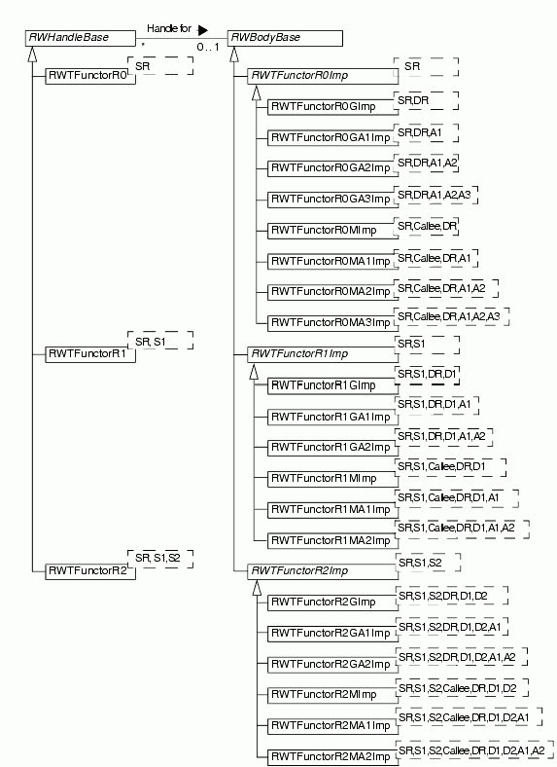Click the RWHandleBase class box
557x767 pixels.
81,38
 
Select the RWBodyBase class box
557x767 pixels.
286,38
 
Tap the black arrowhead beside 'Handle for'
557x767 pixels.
203,30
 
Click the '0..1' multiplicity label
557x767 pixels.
208,48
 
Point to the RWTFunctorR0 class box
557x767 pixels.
90,76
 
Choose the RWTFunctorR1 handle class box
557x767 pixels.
90,354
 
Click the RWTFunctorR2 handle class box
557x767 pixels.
90,571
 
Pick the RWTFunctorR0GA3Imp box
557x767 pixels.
332,200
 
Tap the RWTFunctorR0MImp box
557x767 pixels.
332,231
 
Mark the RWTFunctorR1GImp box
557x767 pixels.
332,385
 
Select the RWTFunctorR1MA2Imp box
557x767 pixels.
332,540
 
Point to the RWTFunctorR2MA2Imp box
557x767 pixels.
332,757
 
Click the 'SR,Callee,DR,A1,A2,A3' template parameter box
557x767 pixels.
451,317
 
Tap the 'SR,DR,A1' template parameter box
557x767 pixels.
426,133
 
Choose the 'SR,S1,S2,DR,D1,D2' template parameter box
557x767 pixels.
452,596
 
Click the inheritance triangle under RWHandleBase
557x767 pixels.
32,55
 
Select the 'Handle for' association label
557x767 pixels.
169,29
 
